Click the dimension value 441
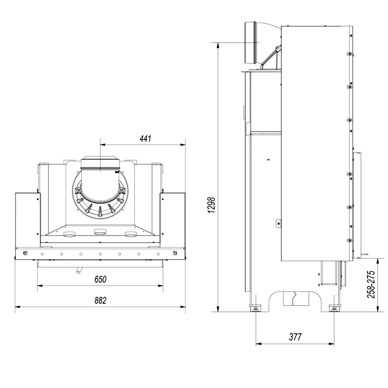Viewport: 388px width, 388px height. (x=145, y=138)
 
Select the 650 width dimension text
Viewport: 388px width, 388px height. (x=100, y=279)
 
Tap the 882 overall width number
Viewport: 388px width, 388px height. (x=100, y=301)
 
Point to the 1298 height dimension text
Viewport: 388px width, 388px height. (x=212, y=205)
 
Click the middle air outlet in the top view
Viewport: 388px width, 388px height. (x=100, y=232)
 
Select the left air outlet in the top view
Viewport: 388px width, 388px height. (x=70, y=234)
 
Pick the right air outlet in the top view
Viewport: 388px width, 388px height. (x=131, y=234)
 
